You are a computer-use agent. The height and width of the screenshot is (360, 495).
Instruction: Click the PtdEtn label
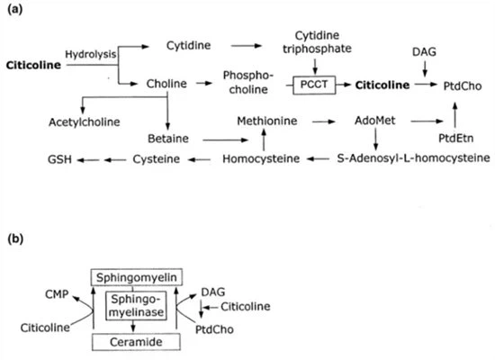[x=453, y=139]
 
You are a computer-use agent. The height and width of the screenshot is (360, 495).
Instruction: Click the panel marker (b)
[x=17, y=238]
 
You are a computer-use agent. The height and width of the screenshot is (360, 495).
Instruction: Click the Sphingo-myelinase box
[x=135, y=309]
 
